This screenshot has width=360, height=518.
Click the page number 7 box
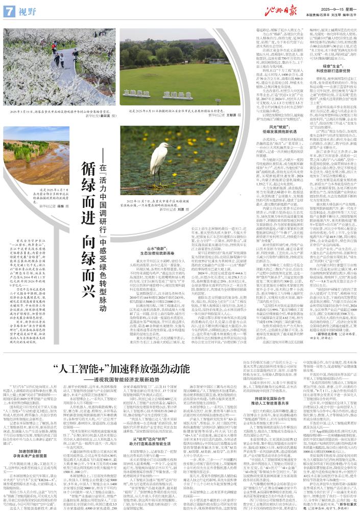tap(8, 9)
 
